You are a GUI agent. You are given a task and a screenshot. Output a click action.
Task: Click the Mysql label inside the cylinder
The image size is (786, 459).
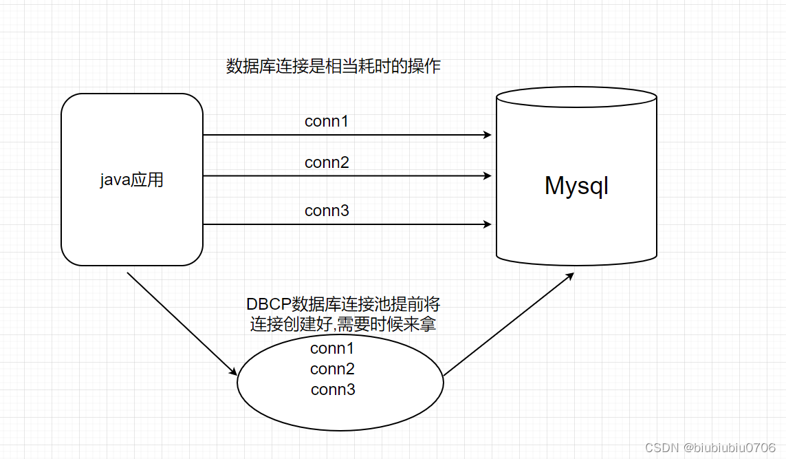coord(576,186)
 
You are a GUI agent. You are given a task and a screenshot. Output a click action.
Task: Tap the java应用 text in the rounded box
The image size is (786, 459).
coord(131,181)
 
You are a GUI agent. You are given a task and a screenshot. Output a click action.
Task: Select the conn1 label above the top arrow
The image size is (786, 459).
coord(327,122)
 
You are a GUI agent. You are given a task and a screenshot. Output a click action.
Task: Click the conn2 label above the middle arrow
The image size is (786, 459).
coord(327,163)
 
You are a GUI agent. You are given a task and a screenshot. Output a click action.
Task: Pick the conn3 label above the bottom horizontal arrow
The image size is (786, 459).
coord(327,211)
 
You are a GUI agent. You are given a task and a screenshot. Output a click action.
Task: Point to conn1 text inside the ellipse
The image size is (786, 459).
coord(332,348)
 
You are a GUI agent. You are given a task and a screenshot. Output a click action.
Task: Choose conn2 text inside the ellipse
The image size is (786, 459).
coord(332,369)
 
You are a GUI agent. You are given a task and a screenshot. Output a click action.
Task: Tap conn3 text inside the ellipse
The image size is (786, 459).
coord(333,389)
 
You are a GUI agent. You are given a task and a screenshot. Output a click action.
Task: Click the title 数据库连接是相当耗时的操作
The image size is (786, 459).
coord(333,67)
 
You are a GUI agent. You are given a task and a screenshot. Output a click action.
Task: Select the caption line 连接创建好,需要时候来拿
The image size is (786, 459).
coord(342,324)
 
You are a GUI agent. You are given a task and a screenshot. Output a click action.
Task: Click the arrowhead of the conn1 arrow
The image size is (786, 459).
coord(488,135)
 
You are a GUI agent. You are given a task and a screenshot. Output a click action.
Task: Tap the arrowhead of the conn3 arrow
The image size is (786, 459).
coord(488,224)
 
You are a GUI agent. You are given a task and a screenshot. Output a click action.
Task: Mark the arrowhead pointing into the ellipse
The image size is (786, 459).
coord(232,372)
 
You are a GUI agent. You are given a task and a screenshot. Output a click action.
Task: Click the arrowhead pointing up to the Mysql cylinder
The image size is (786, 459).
coord(569,275)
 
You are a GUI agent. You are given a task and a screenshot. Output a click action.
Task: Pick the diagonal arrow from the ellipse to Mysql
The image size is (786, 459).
coord(509,324)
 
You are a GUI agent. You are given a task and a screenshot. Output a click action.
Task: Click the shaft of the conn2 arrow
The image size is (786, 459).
coord(344,175)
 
